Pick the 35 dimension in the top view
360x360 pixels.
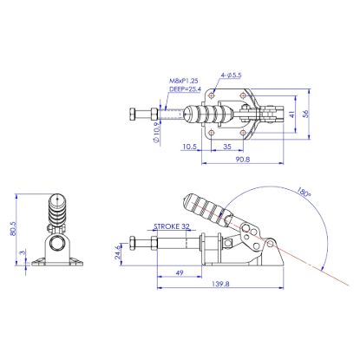pyautogui.click(x=224, y=147)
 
